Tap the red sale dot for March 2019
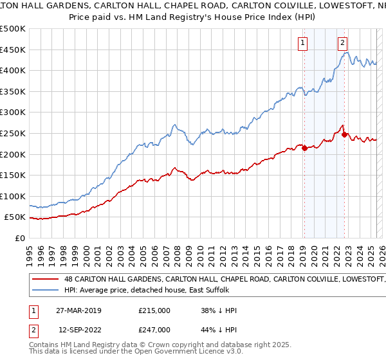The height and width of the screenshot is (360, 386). pyautogui.click(x=304, y=148)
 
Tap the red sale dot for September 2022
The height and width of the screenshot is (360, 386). pyautogui.click(x=344, y=134)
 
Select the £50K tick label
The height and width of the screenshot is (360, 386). pyautogui.click(x=15, y=217)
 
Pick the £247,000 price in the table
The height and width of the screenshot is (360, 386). pyautogui.click(x=154, y=328)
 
